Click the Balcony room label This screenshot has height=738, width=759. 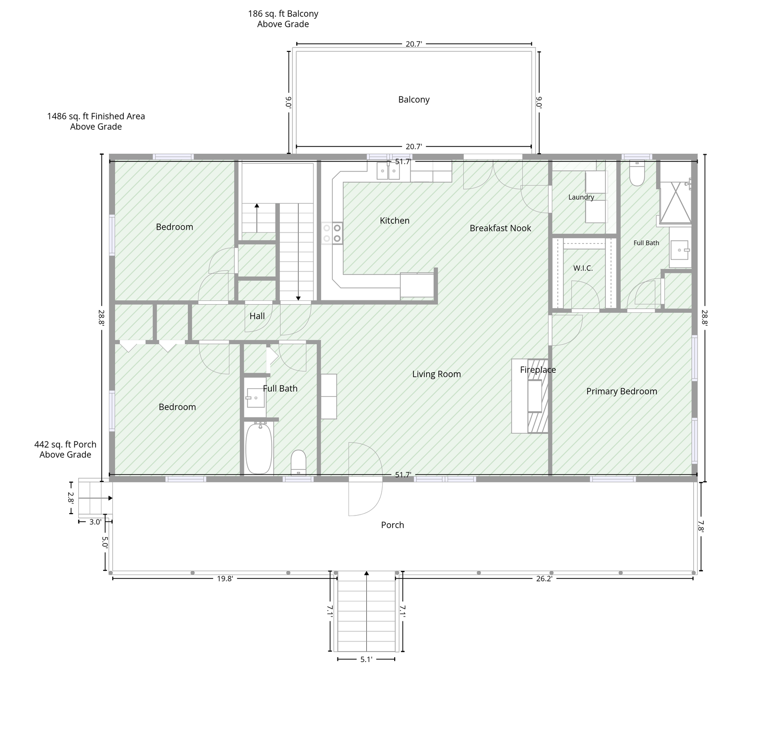tap(414, 99)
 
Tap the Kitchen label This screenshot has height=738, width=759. tap(395, 221)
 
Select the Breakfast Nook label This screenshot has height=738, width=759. tap(500, 228)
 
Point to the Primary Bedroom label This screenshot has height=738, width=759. tap(622, 391)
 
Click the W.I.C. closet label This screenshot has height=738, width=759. tap(583, 268)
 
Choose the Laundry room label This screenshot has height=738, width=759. tap(581, 197)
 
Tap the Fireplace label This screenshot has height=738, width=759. tap(538, 370)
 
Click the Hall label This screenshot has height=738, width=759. tap(257, 316)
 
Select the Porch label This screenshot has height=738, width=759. tap(393, 525)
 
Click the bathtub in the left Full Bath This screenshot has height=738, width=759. tap(259, 448)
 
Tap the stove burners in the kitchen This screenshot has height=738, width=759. tap(332, 233)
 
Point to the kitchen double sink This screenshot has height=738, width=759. tap(388, 171)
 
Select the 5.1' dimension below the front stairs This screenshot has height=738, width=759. tap(366, 660)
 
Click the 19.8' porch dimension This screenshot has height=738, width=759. tap(225, 579)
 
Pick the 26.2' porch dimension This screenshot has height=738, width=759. tap(544, 579)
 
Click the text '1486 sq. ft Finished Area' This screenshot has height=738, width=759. tap(96, 116)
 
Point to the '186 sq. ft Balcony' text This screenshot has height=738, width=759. tap(283, 14)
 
